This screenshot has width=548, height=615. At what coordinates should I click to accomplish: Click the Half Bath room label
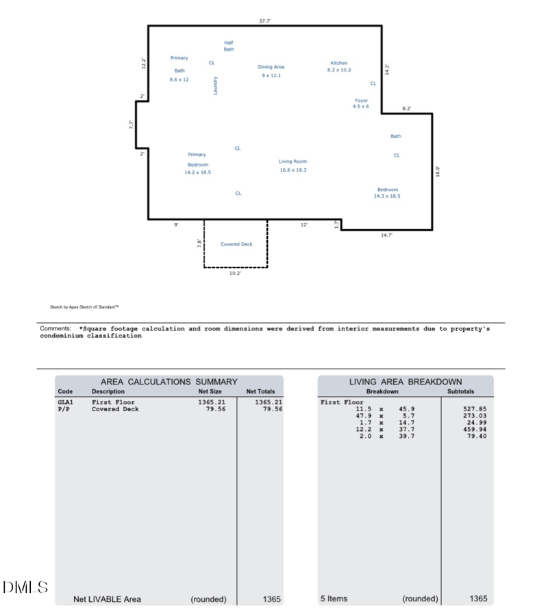[x=229, y=46]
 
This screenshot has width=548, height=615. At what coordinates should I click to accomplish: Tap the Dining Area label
[x=271, y=66]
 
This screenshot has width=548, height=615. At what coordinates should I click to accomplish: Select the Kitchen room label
[x=339, y=63]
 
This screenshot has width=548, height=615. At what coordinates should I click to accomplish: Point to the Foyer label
[x=362, y=101]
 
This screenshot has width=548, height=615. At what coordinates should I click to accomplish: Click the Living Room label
[x=292, y=161]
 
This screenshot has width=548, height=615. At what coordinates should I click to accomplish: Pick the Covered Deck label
[x=236, y=244]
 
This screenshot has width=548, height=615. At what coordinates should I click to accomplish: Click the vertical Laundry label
[x=215, y=86]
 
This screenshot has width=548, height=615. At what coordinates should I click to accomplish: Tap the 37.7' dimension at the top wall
[x=265, y=21]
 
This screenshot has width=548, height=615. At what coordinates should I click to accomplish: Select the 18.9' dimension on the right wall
[x=438, y=172]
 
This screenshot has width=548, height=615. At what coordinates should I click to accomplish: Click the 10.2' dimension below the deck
[x=235, y=273]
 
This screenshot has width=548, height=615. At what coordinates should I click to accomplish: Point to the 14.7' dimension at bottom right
[x=386, y=235]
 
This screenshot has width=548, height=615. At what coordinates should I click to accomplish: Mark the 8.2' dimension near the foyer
[x=407, y=108]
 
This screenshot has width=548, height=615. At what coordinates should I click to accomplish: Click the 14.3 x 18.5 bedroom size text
[x=387, y=196]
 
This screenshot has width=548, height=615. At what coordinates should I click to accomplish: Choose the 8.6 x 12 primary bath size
[x=179, y=79]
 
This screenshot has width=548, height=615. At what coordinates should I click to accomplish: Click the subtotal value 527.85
[x=475, y=408]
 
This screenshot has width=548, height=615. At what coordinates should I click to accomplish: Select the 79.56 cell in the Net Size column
[x=216, y=408]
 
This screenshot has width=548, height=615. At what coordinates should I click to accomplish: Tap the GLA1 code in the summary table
[x=65, y=402]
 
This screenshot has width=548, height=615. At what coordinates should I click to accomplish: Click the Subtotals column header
[x=460, y=391]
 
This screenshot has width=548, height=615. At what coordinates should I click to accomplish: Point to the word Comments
[x=55, y=328]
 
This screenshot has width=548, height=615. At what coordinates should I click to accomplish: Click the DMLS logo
[x=25, y=587]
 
